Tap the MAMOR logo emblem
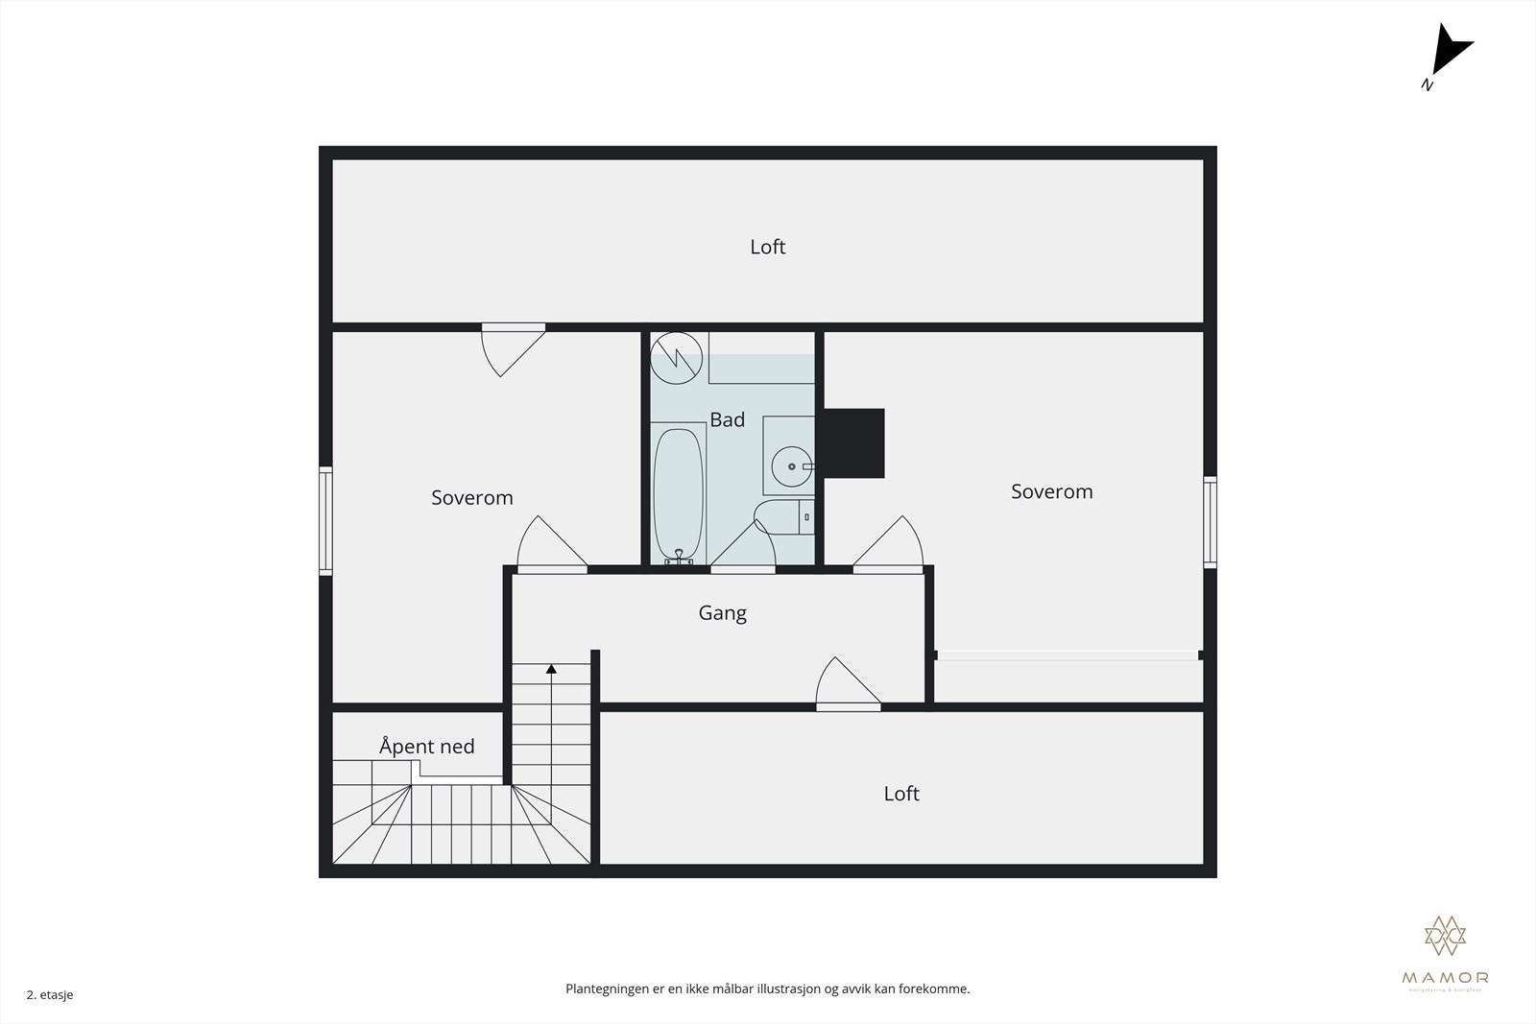pyautogui.click(x=1445, y=936)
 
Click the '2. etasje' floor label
pyautogui.click(x=50, y=995)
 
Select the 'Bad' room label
pyautogui.click(x=728, y=419)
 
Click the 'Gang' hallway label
pyautogui.click(x=723, y=612)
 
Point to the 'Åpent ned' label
pyautogui.click(x=427, y=747)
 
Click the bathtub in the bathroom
pyautogui.click(x=679, y=494)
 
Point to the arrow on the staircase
pyautogui.click(x=551, y=669)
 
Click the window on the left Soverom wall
pyautogui.click(x=325, y=521)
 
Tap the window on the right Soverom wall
pyautogui.click(x=1211, y=522)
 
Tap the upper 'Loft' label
pyautogui.click(x=768, y=247)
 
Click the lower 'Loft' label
pyautogui.click(x=901, y=794)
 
